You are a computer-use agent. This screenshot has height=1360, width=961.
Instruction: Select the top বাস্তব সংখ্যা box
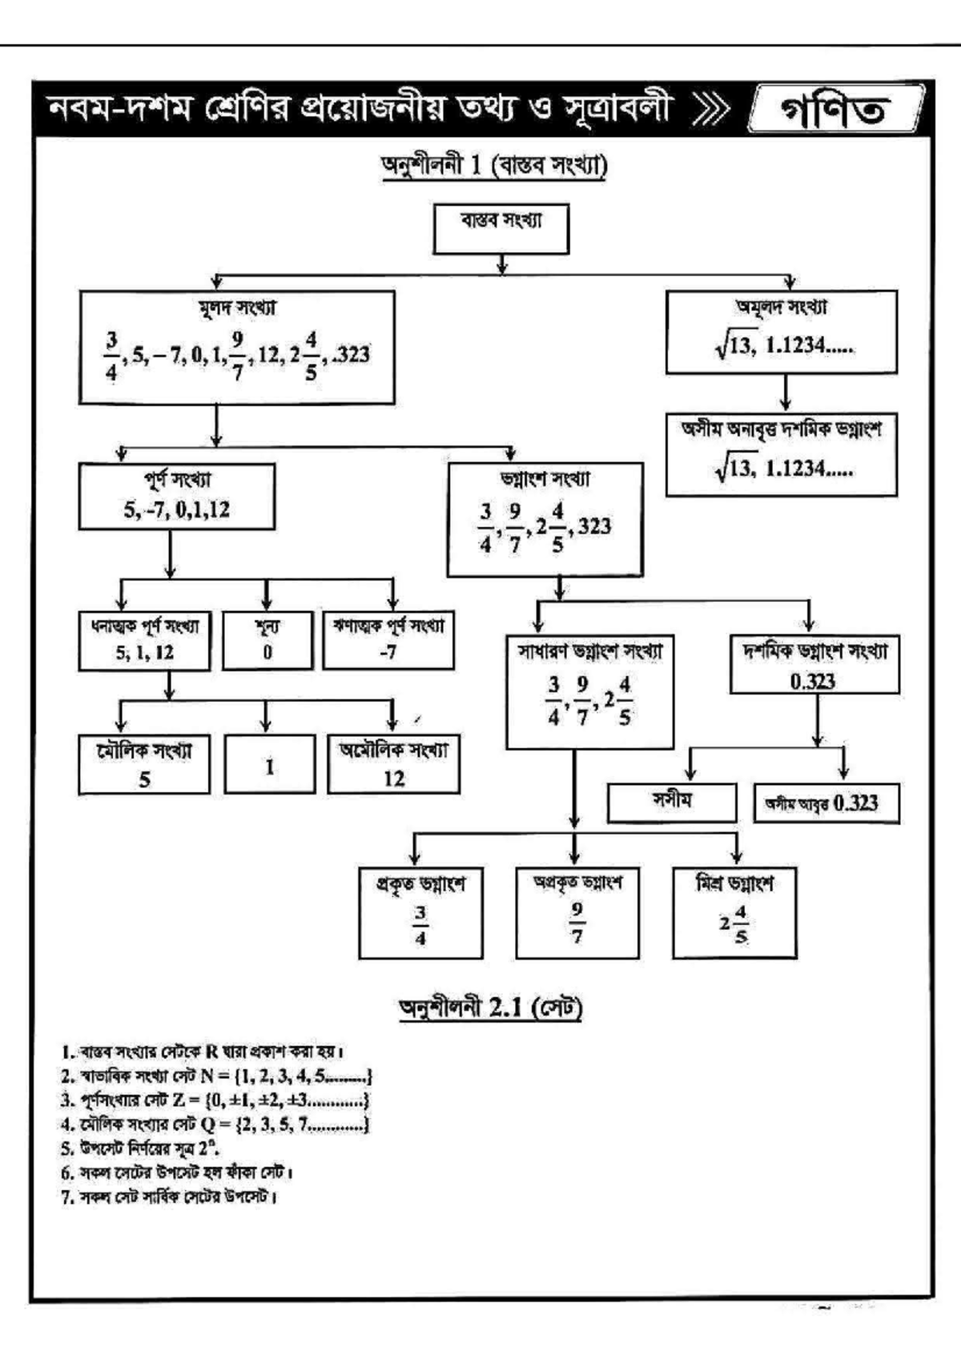501,229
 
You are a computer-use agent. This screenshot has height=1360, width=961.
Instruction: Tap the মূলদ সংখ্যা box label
237,308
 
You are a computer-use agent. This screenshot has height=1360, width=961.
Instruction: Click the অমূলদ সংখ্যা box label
781,308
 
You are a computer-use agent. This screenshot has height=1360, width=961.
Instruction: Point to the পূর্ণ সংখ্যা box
176,496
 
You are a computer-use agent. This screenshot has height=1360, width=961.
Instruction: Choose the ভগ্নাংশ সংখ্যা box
545,519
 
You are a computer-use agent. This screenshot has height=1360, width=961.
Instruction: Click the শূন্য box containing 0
267,640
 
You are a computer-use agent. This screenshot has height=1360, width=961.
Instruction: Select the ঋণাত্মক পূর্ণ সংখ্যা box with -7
388,640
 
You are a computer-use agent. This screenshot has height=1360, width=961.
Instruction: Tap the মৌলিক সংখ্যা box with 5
144,764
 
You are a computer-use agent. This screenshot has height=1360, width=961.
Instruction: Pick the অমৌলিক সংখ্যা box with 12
393,764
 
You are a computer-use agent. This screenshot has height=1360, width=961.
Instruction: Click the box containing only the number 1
270,765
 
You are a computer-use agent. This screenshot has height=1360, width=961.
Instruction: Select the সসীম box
671,803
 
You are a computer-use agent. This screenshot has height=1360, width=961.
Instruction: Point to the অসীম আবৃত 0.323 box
826,803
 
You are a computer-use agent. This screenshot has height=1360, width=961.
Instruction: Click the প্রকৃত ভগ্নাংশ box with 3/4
420,912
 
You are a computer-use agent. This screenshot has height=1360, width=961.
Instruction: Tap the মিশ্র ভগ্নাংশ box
734,912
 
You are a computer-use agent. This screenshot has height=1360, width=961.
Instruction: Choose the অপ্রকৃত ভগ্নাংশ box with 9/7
577,912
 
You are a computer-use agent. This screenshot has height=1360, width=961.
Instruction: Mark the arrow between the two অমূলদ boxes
786,392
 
